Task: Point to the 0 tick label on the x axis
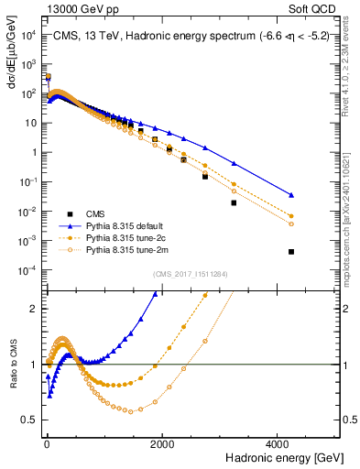tap(46, 443)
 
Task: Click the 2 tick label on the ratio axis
tap(33, 309)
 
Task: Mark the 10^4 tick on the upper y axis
tap(27, 35)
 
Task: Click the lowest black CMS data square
tap(291, 251)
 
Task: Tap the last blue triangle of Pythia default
tap(291, 195)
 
